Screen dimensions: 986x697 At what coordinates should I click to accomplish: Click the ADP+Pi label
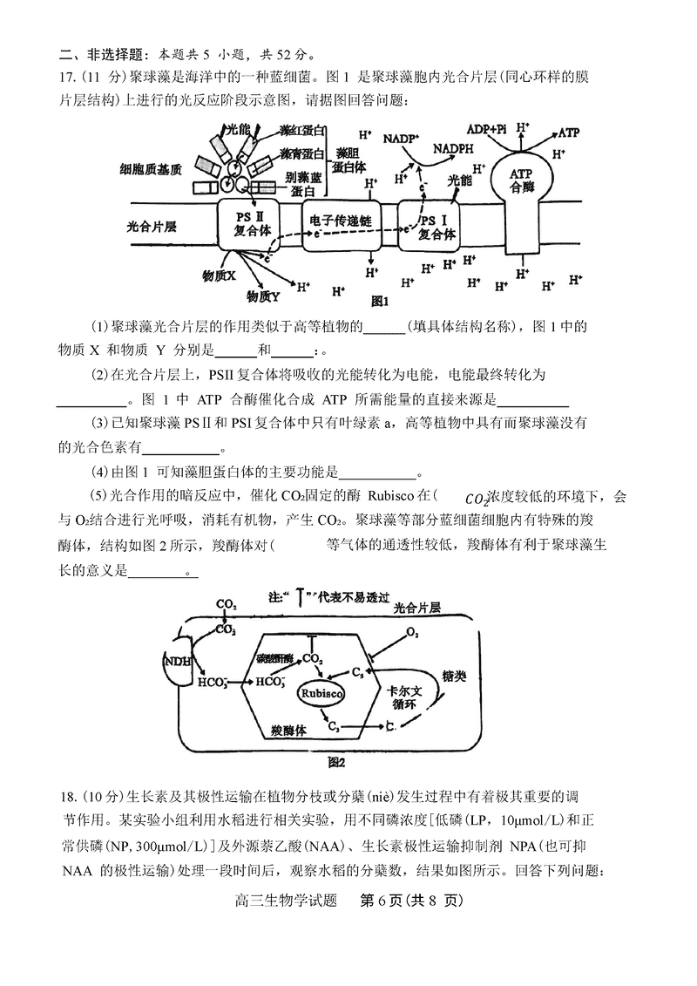pyautogui.click(x=486, y=127)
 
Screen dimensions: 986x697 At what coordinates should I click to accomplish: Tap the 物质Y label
pyautogui.click(x=262, y=296)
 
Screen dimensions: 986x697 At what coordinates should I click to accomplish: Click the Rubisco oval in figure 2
pyautogui.click(x=321, y=693)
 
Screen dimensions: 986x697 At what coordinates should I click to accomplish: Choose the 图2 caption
pyautogui.click(x=336, y=762)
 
